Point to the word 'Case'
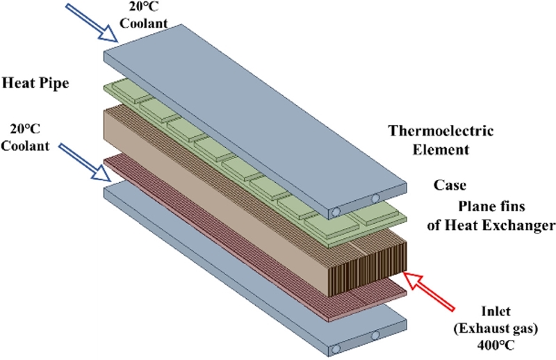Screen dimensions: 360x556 click(x=448, y=186)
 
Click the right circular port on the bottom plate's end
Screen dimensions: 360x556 click(x=375, y=336)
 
